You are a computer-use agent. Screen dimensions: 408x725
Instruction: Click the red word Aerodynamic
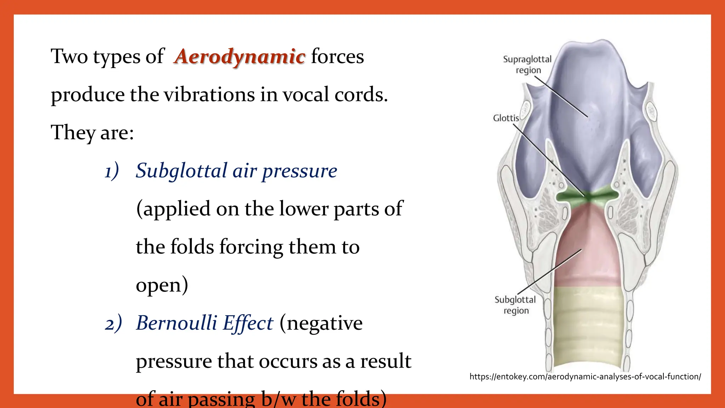point(240,57)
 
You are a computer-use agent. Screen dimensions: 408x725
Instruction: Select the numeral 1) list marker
point(112,171)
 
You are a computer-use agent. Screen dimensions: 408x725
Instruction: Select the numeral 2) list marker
point(113,324)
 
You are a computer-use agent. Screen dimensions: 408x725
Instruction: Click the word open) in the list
point(162,285)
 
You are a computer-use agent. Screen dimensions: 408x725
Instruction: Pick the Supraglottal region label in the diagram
point(527,64)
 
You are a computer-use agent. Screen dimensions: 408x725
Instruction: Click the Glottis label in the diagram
point(506,118)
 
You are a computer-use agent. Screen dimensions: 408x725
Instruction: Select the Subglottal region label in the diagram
point(515,305)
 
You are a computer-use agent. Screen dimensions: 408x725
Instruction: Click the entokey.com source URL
point(585,376)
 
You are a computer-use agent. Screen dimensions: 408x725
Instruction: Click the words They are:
point(92,133)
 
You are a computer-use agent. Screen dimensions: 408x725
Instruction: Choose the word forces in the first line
point(337,57)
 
